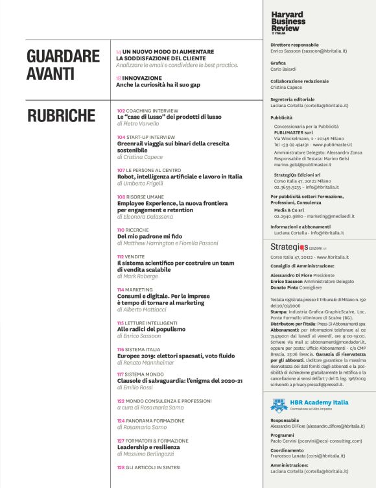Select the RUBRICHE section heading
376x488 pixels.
tap(61, 116)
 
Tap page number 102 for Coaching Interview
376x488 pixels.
tap(121, 111)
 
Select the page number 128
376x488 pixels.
tap(121, 467)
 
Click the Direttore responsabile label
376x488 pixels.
tap(294, 45)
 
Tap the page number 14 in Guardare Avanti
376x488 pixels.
tap(119, 51)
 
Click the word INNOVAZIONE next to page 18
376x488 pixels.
tap(143, 77)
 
